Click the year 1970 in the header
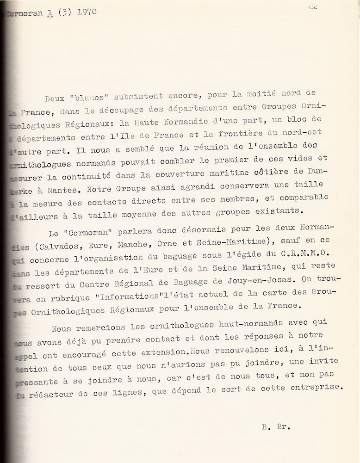click(85, 12)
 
